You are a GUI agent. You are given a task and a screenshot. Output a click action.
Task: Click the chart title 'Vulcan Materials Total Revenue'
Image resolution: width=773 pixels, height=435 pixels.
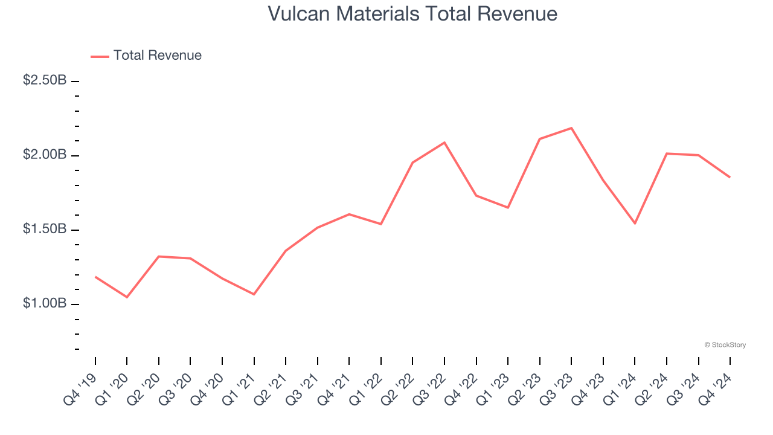pyautogui.click(x=412, y=13)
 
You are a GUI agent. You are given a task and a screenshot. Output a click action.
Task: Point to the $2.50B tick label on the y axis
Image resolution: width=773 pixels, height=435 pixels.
pyautogui.click(x=45, y=80)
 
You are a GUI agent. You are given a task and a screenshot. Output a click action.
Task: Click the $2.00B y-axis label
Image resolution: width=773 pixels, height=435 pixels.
pyautogui.click(x=45, y=155)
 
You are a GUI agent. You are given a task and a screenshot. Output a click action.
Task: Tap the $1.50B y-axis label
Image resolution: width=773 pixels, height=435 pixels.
pyautogui.click(x=45, y=229)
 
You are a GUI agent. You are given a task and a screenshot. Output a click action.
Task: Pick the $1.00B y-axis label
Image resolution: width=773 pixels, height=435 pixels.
pyautogui.click(x=45, y=303)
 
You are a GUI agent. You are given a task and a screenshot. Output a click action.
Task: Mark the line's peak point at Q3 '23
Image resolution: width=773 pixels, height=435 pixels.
pyautogui.click(x=571, y=128)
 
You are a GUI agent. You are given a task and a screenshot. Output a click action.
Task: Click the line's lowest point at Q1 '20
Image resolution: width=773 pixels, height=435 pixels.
pyautogui.click(x=127, y=297)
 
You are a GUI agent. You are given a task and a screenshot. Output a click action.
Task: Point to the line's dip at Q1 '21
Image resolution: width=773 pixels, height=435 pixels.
pyautogui.click(x=254, y=294)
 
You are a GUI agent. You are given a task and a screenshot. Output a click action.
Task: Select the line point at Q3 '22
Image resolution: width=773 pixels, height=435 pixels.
pyautogui.click(x=444, y=143)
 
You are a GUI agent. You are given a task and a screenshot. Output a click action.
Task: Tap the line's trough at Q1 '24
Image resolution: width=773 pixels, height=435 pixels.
pyautogui.click(x=635, y=224)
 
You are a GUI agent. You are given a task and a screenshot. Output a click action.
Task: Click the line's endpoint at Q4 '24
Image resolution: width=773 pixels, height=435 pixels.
pyautogui.click(x=730, y=177)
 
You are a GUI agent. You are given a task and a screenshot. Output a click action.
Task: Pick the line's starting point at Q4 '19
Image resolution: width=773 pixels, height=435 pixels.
pyautogui.click(x=95, y=277)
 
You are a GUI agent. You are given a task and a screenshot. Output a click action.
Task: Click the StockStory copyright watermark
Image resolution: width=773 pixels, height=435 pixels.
pyautogui.click(x=725, y=345)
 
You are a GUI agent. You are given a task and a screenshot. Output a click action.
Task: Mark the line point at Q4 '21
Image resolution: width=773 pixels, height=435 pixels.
pyautogui.click(x=349, y=214)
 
